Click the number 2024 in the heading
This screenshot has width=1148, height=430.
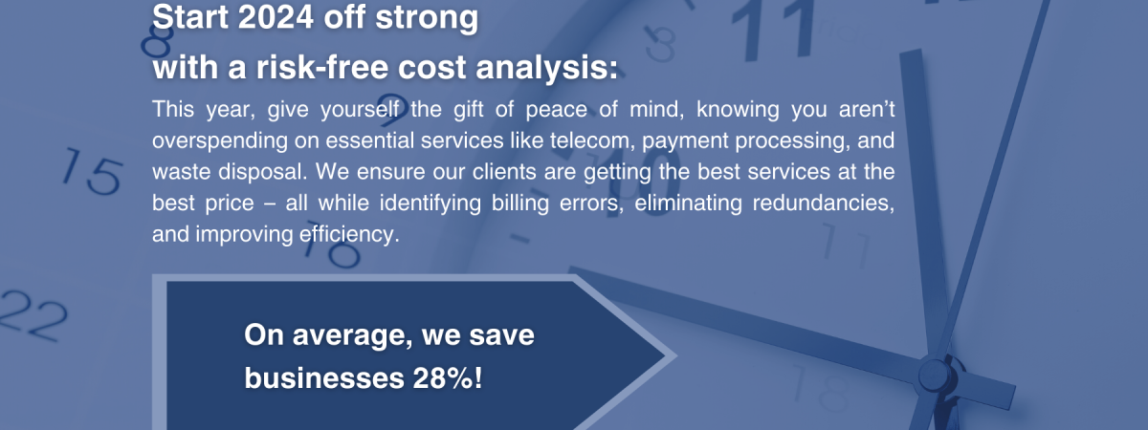(276, 17)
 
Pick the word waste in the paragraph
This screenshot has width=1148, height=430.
(182, 172)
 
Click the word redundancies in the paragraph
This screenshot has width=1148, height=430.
(823, 204)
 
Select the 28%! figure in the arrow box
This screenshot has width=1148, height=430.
(448, 378)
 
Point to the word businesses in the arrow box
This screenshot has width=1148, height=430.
(324, 378)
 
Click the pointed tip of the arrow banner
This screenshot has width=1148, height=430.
(676, 355)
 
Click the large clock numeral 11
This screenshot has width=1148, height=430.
(774, 31)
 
